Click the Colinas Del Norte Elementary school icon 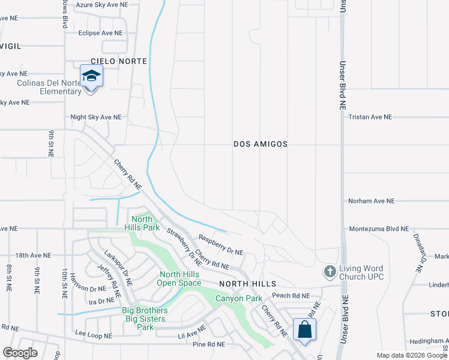pos(91,76)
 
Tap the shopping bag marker pos(305,329)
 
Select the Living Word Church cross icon pos(329,272)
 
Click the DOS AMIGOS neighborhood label pos(261,145)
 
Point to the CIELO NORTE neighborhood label pos(119,62)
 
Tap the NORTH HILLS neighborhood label pos(247,283)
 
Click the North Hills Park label pos(142,223)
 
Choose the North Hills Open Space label pos(180,279)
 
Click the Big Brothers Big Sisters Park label pos(145,319)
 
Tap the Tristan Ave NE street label pos(370,118)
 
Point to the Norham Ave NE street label pos(372,201)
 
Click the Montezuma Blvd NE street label pos(379,229)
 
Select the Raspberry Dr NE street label pos(220,245)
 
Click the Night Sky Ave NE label pos(96,118)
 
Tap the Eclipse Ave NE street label pos(100,33)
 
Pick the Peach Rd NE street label pos(291,296)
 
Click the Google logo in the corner pos(20,352)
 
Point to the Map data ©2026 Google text pos(411,355)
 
